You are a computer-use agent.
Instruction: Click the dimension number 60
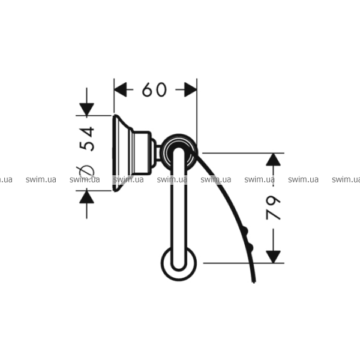tap(154, 89)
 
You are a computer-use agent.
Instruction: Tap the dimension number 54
tap(86, 139)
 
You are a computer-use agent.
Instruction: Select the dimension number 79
tap(273, 208)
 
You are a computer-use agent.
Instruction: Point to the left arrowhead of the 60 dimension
tap(121, 89)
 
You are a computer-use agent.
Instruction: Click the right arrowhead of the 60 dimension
tap(191, 89)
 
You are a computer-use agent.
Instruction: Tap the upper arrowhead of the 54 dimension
tap(86, 109)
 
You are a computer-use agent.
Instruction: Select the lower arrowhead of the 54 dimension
tap(86, 197)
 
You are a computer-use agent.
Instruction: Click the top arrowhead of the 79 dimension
tap(273, 160)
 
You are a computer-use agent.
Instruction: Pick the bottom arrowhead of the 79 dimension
tap(273, 257)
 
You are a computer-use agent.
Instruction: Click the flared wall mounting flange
tap(122, 153)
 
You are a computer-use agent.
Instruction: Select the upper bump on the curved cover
tap(245, 230)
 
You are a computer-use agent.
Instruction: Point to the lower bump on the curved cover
tap(250, 247)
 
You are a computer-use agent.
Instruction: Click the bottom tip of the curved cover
tap(254, 283)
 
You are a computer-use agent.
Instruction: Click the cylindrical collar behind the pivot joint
tap(142, 153)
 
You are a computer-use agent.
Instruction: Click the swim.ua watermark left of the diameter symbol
tap(41, 179)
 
